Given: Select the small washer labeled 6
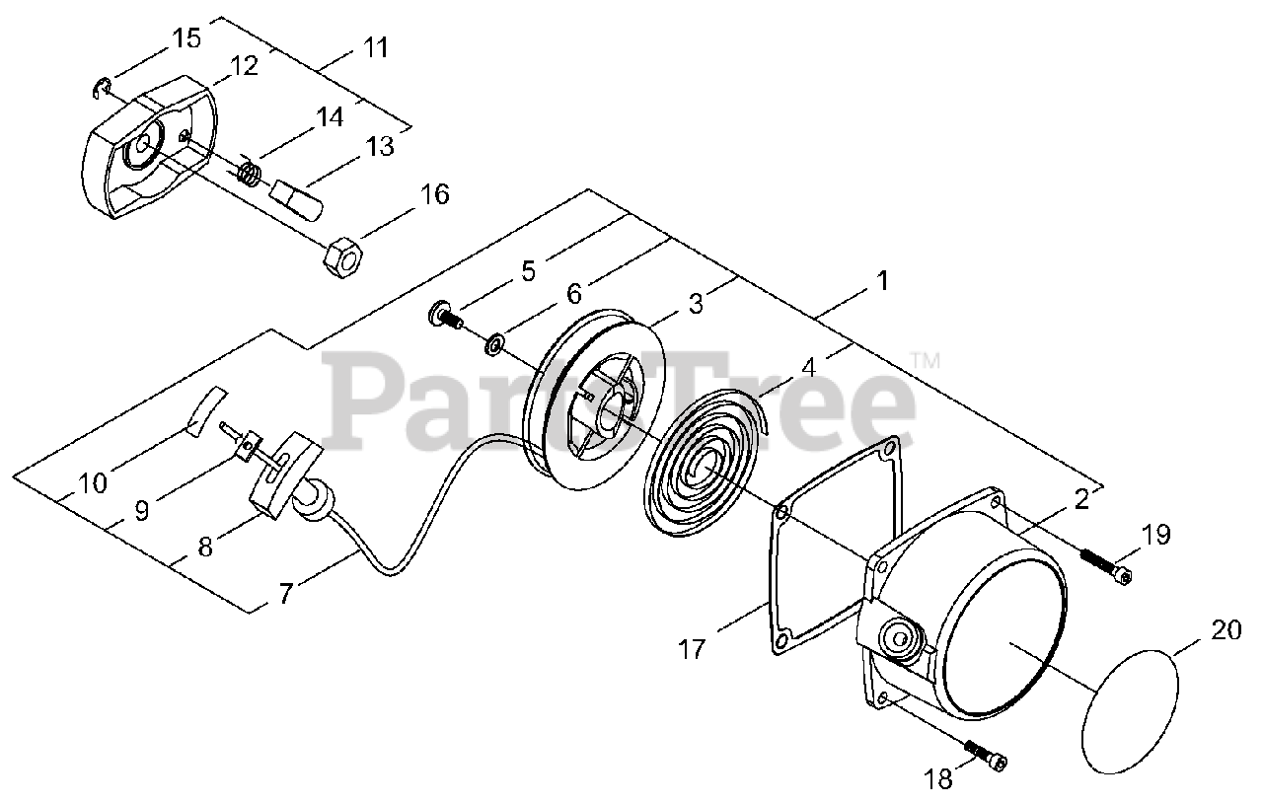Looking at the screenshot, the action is [494, 344].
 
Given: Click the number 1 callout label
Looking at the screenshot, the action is [882, 281].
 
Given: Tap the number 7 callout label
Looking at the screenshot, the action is [285, 594].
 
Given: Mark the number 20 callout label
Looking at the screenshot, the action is [1226, 629].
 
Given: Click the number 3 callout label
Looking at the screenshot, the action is [696, 304].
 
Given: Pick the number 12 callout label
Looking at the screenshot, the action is [243, 66].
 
